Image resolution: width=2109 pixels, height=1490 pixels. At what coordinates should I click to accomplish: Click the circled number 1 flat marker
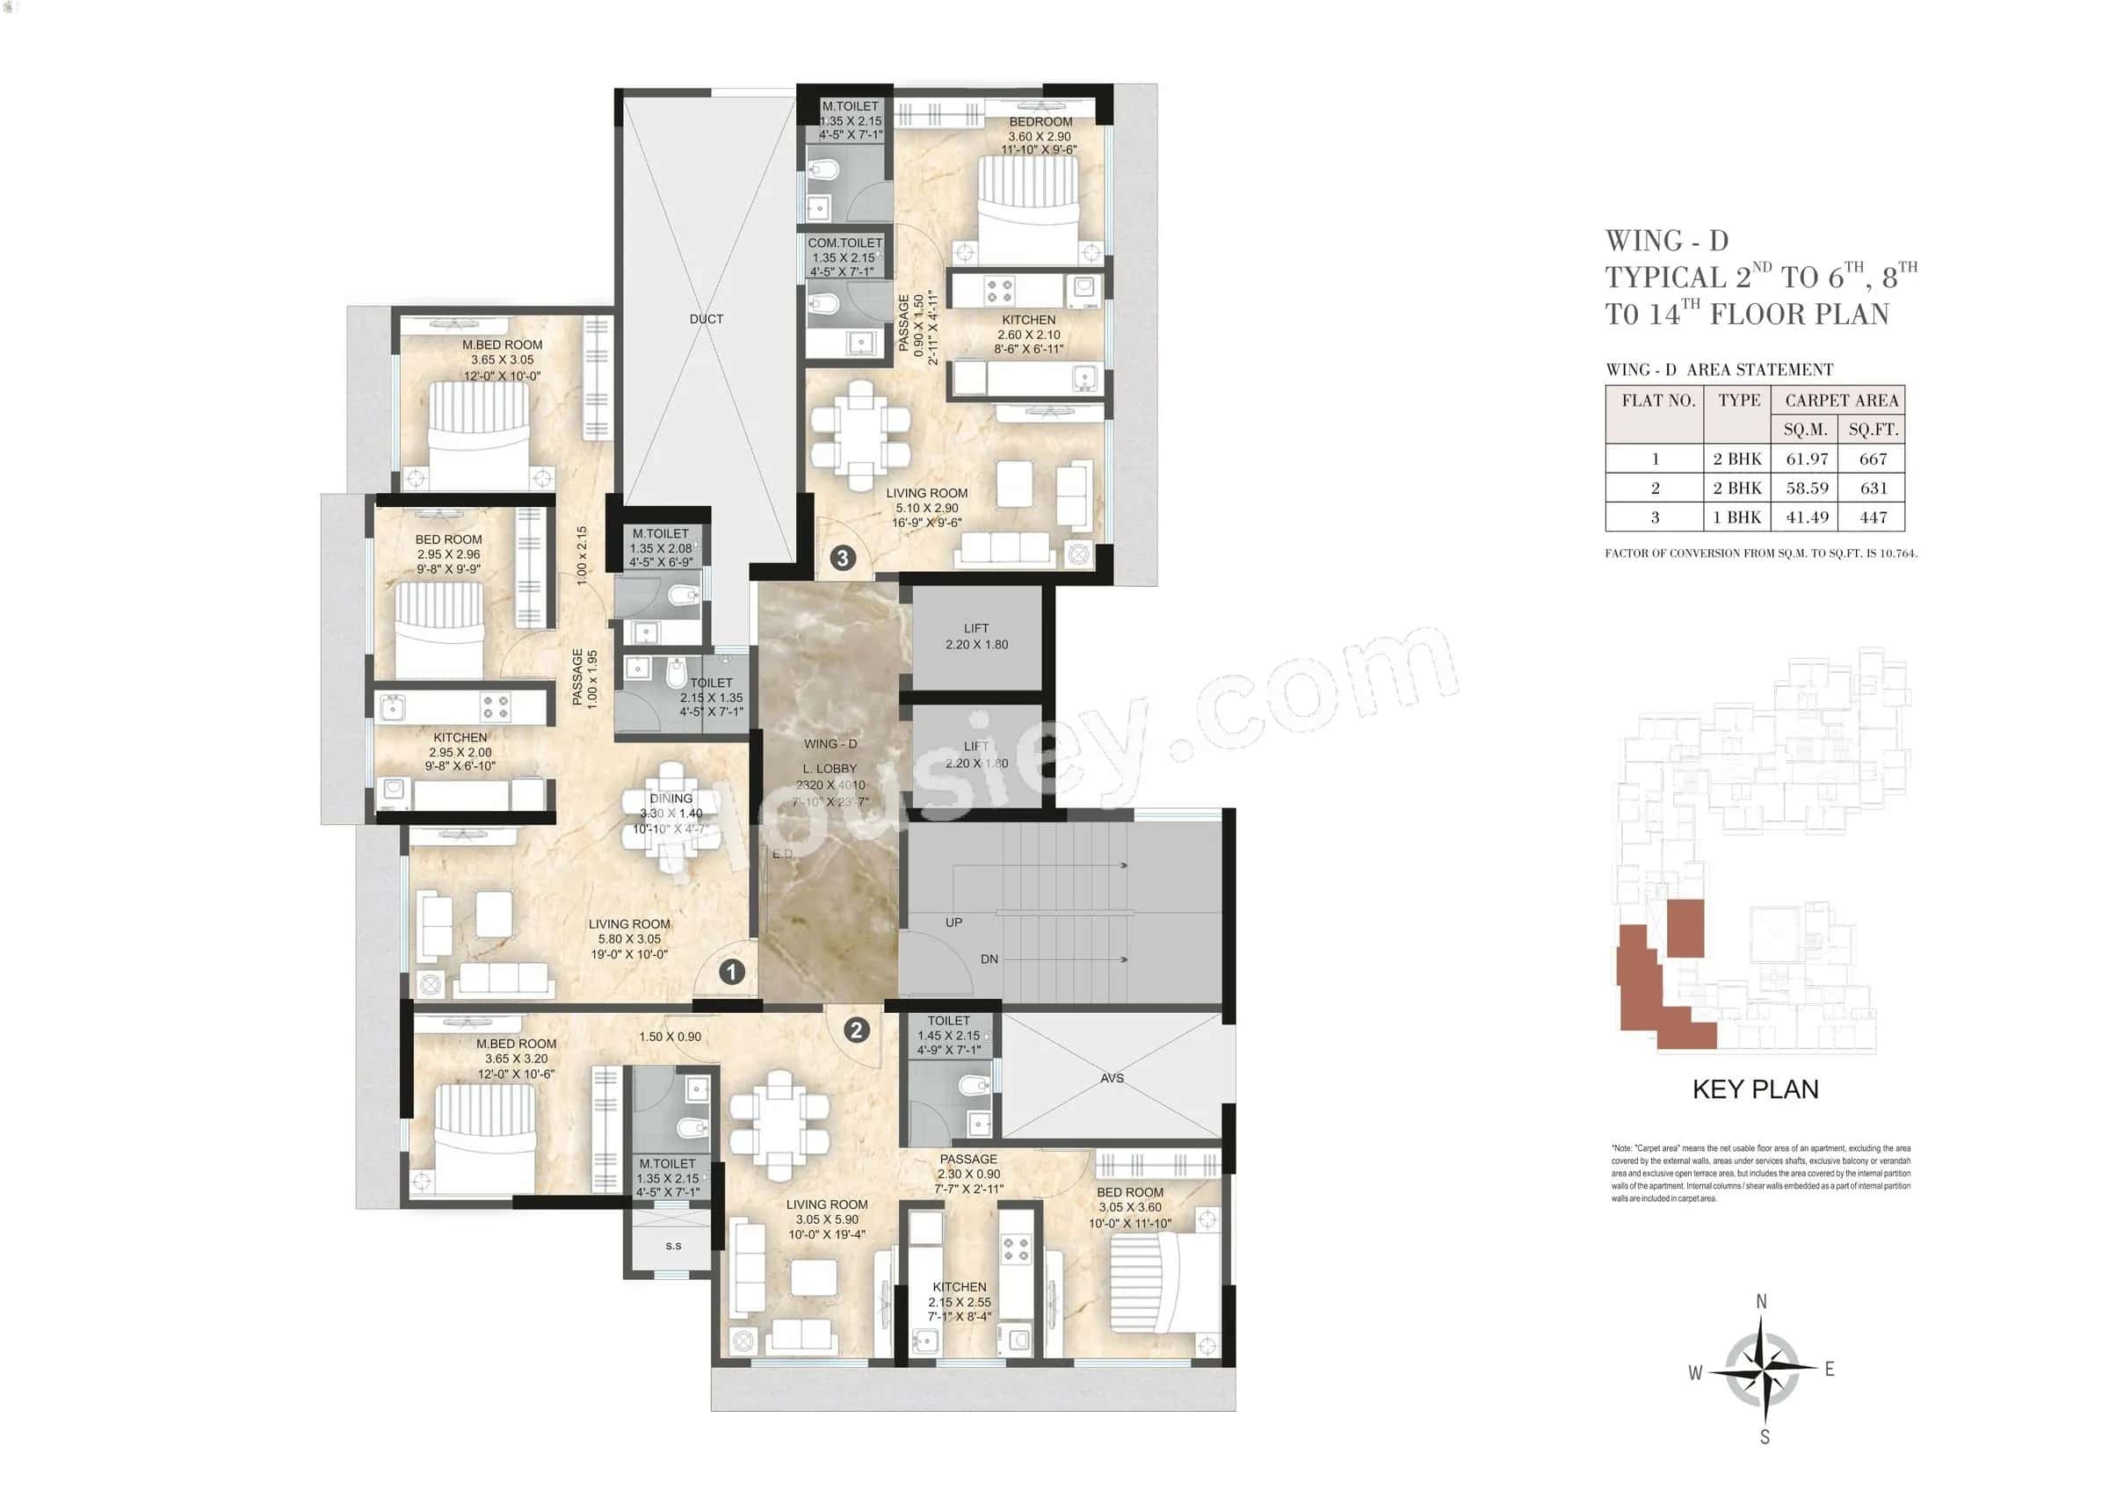731,972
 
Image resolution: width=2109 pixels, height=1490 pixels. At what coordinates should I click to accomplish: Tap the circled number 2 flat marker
856,1030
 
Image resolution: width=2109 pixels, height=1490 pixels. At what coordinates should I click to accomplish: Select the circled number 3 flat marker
843,557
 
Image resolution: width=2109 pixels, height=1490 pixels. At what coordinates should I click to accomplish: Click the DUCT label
706,319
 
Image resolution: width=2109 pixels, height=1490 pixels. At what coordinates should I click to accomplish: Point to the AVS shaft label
1112,1078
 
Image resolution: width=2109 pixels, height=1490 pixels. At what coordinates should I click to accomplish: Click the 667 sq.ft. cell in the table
1872,459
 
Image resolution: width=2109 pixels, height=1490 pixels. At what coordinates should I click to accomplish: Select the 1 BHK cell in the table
1736,517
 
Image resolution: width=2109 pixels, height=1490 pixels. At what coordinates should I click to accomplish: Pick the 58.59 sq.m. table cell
1806,488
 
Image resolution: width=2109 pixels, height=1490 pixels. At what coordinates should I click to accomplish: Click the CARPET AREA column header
1841,401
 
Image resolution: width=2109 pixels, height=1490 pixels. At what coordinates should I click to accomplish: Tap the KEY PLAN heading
1755,1089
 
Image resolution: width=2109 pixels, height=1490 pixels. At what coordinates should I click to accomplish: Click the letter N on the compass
1761,1302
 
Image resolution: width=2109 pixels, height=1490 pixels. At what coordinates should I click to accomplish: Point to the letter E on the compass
1829,1370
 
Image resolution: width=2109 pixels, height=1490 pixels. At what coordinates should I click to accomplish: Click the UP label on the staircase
953,922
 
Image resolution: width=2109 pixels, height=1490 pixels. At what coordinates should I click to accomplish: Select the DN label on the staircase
989,958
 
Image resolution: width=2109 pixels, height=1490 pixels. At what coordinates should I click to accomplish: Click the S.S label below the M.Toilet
673,1246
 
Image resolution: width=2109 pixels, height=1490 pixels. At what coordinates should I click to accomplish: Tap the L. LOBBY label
830,769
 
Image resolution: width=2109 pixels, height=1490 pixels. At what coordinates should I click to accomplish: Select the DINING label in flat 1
670,799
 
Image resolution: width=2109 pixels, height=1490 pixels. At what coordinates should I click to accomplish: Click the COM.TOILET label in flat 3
844,243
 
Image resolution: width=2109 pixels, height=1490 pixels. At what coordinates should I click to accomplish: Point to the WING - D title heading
1666,242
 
